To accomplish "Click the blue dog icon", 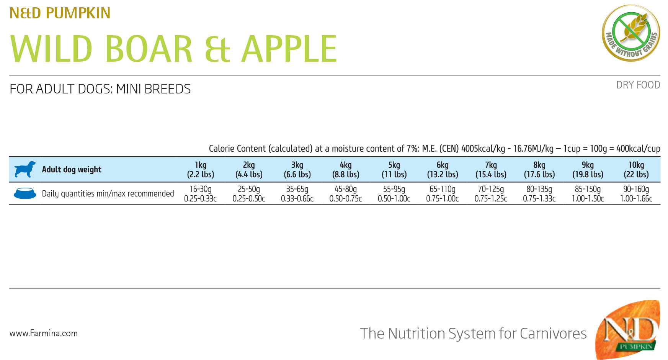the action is [25, 169].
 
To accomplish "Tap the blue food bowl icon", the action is [25, 193].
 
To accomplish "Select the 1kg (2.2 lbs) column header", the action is [201, 170].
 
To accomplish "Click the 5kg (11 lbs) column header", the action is [394, 170].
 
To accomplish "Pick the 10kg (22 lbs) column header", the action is [636, 170].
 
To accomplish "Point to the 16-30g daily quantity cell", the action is [201, 194].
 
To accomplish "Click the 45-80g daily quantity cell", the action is [346, 194].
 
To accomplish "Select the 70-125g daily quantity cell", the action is [491, 194].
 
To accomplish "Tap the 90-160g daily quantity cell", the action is [636, 194].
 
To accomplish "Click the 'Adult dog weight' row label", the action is [72, 170].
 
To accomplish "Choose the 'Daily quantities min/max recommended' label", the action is [108, 194].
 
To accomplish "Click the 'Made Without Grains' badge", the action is [631, 33].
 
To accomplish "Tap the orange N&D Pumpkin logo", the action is [628, 330].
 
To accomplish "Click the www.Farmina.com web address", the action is [44, 334].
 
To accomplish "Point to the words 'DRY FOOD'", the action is [638, 85].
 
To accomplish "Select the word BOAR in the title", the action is [149, 49].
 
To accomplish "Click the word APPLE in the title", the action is [289, 49].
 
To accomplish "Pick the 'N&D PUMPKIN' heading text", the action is [60, 13].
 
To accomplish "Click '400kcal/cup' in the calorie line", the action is [638, 149].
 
